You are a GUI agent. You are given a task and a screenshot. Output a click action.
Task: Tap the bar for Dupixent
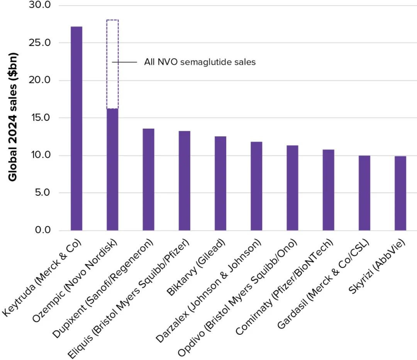coord(148,179)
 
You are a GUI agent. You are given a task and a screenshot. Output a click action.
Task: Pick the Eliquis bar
coord(184,180)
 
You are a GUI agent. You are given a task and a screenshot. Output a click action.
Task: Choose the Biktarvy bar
coord(220,183)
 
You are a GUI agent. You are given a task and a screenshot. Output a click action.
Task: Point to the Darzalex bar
coord(256,186)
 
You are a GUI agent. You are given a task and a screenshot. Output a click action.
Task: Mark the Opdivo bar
coord(292,188)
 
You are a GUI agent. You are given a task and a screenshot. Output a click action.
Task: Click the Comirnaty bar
coord(328,190)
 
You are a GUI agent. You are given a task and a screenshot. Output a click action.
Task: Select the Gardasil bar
coord(364,193)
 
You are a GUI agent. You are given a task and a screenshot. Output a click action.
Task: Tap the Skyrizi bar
coord(400,193)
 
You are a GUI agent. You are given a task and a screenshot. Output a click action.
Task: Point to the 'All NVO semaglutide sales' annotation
coord(200,62)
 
